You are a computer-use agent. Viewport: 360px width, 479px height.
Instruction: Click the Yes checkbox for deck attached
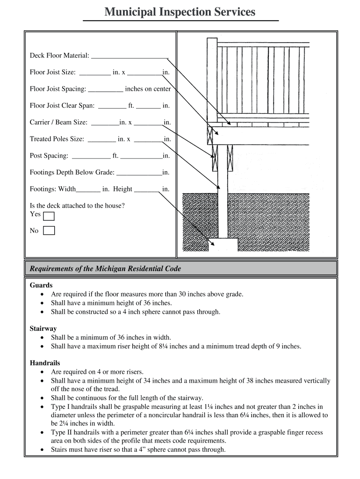[49, 216]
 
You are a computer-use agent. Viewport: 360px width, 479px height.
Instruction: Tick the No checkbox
[49, 230]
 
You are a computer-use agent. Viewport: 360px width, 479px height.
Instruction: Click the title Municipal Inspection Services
[180, 12]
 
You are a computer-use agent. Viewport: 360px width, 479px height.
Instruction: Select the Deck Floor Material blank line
[130, 56]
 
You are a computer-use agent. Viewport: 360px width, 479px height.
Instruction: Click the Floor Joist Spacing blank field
[105, 89]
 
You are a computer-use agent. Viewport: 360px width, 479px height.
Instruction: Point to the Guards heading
[41, 285]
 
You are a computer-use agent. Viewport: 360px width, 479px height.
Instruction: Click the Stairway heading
[43, 328]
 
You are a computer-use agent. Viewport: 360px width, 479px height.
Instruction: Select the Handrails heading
[45, 363]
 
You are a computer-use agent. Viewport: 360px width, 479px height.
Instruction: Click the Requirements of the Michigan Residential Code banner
[105, 269]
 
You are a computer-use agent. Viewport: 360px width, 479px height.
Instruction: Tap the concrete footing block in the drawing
[223, 244]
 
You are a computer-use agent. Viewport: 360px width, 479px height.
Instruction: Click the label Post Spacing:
[49, 156]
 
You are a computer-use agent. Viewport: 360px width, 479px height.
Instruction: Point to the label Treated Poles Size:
[57, 139]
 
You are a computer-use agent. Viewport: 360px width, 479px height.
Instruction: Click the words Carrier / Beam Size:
[58, 123]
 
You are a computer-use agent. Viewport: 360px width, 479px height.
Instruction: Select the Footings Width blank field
[88, 190]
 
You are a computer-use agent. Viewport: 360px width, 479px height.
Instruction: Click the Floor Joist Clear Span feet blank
[112, 106]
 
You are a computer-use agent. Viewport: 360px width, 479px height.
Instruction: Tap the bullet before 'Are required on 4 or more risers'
[43, 372]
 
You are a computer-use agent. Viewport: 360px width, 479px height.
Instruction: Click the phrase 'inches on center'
[148, 89]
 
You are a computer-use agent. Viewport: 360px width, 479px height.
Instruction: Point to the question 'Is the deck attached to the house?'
[77, 205]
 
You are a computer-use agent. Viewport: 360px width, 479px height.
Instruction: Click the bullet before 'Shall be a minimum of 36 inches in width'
[43, 337]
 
